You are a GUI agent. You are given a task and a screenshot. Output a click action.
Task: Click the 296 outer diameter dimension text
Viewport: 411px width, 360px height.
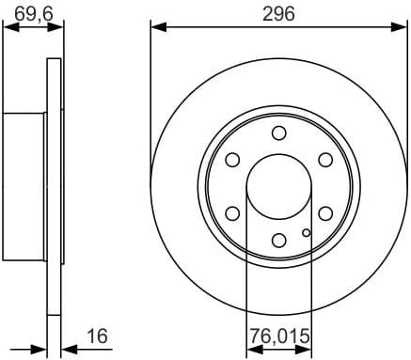click(x=278, y=13)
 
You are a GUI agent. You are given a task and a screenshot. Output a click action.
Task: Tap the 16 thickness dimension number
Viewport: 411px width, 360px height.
click(x=97, y=335)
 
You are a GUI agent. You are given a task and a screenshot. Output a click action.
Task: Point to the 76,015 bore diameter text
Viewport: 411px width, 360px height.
click(x=278, y=336)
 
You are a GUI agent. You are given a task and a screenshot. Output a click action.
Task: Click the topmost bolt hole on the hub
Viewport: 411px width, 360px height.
click(x=278, y=133)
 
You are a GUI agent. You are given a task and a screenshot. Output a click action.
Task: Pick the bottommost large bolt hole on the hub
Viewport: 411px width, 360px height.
click(x=278, y=242)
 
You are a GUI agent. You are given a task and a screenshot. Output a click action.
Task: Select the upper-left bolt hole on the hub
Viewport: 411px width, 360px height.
click(x=231, y=160)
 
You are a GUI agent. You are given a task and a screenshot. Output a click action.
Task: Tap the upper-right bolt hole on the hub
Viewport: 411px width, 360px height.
click(x=325, y=160)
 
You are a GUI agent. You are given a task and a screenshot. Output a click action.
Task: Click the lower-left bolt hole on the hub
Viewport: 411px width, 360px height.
click(x=231, y=214)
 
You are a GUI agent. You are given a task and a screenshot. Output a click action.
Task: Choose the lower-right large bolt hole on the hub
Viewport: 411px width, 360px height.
click(x=325, y=214)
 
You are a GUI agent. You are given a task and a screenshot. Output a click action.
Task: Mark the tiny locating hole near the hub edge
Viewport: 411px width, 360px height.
click(x=306, y=230)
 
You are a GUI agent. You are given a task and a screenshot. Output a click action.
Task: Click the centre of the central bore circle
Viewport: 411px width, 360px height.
click(x=278, y=187)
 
